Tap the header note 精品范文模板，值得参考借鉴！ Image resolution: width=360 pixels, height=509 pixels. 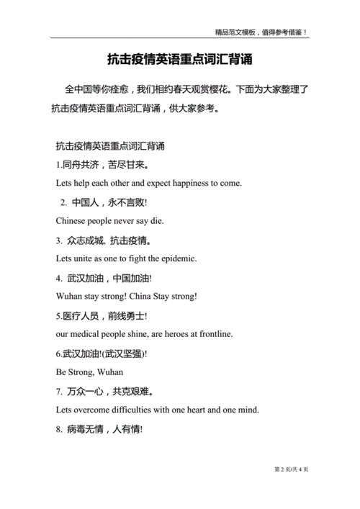261,32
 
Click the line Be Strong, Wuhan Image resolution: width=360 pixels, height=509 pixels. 89,372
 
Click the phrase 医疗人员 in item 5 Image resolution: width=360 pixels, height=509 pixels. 81,315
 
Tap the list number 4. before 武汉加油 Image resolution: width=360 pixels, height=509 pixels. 59,278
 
